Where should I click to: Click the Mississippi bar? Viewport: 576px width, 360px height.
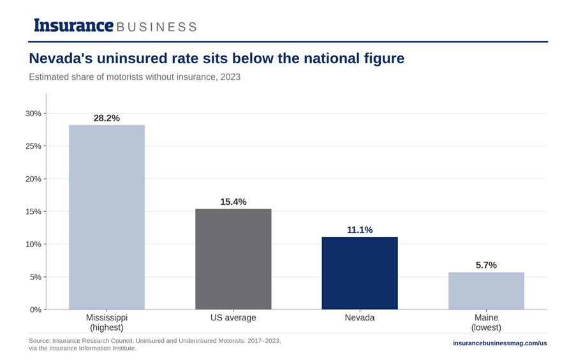107,217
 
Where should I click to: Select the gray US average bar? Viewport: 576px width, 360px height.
233,259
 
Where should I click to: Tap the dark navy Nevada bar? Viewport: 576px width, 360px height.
360,273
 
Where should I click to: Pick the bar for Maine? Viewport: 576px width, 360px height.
486,291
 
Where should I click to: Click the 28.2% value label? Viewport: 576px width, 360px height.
107,118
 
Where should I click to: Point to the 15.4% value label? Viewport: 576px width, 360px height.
233,202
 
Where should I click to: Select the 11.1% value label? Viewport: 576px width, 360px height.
360,230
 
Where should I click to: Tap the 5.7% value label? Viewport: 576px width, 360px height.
486,265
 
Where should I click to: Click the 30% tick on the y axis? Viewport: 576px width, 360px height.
33,114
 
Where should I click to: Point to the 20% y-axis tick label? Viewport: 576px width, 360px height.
33,179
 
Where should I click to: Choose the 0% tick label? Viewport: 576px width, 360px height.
36,310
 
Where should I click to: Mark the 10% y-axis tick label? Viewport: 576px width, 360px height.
33,244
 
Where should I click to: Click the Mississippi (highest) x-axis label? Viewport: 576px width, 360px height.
107,322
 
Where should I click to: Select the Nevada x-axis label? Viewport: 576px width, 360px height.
360,318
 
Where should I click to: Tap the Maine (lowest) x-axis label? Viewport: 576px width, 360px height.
486,322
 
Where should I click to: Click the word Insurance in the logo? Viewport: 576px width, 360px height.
73,26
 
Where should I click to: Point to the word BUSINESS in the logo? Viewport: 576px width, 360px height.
156,27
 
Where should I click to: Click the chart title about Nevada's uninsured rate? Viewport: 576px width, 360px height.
217,59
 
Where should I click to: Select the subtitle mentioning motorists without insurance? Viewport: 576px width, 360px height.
135,77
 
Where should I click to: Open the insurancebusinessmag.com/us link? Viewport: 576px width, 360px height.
500,343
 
